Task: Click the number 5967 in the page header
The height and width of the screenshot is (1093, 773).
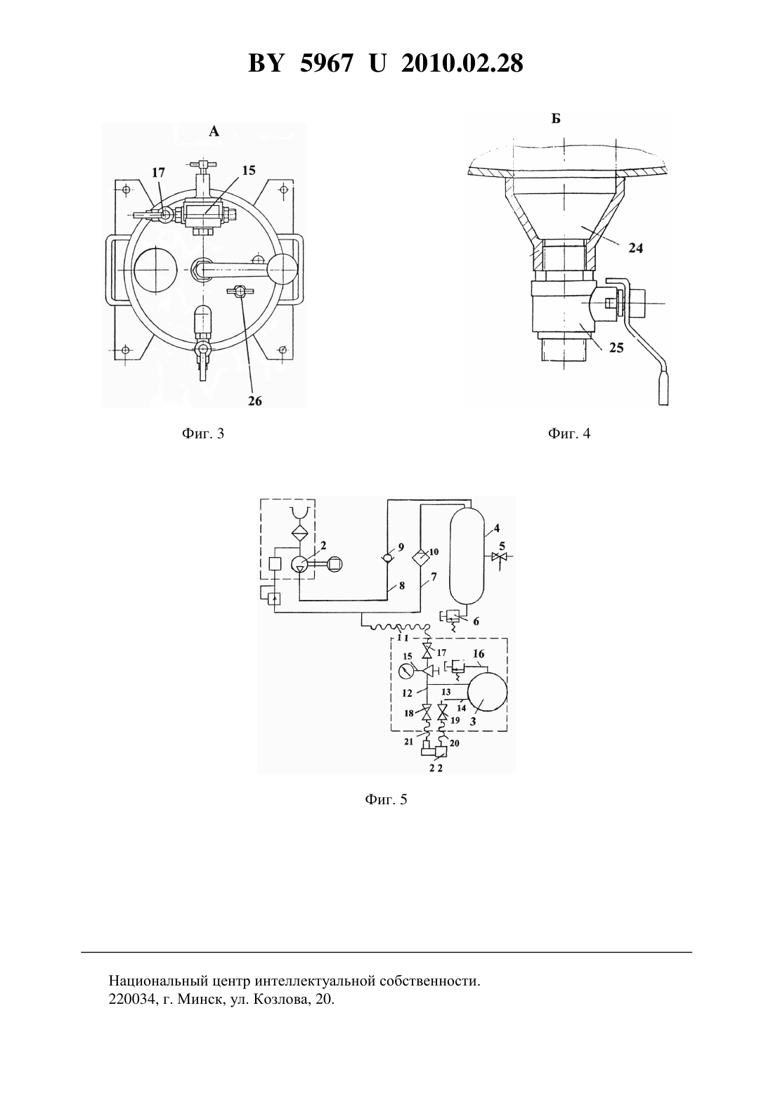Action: pyautogui.click(x=327, y=63)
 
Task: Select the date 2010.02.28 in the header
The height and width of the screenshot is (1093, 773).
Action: pyautogui.click(x=462, y=63)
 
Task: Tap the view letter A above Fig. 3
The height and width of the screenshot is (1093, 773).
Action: pyautogui.click(x=214, y=131)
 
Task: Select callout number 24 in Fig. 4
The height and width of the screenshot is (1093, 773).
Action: pyautogui.click(x=635, y=248)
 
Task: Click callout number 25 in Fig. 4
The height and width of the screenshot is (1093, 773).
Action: pyautogui.click(x=616, y=348)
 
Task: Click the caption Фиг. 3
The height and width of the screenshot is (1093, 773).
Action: pyautogui.click(x=203, y=433)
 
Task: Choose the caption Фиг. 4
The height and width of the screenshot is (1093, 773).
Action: pyautogui.click(x=569, y=433)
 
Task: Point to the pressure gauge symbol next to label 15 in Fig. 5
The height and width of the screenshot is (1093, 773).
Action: pyautogui.click(x=406, y=672)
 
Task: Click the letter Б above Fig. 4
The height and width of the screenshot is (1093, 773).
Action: pyautogui.click(x=556, y=119)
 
